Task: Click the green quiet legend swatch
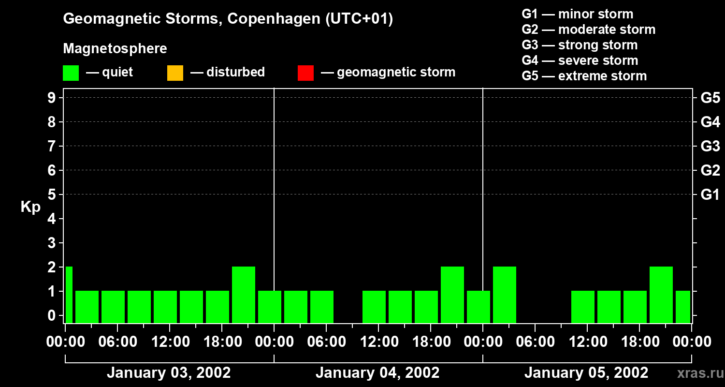coord(71,73)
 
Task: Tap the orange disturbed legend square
coord(175,73)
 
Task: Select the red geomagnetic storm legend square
coord(305,73)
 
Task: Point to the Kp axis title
coord(30,207)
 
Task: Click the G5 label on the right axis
coord(710,98)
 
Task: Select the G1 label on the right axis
coord(710,194)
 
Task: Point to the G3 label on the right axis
coord(710,146)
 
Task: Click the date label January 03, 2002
coord(169,373)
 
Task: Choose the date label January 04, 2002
coord(377,373)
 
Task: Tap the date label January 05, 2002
coord(586,373)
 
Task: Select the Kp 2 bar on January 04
coord(452,294)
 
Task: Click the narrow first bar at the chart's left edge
coord(69,294)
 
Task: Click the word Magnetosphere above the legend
coord(115,49)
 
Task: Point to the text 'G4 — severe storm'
coord(580,60)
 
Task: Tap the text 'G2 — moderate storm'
coord(589,30)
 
